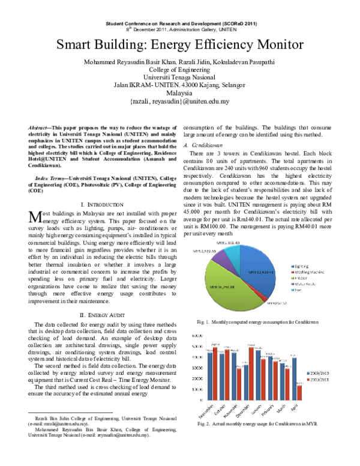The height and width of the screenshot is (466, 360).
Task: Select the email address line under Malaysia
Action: pyautogui.click(x=179, y=101)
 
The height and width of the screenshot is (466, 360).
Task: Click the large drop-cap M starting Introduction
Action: pyautogui.click(x=35, y=217)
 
